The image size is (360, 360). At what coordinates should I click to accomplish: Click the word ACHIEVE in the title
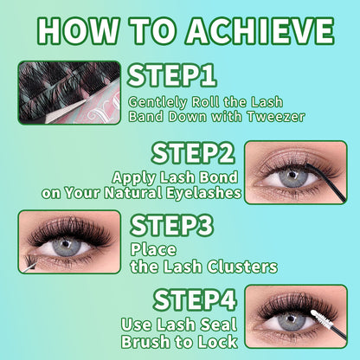tap(260, 30)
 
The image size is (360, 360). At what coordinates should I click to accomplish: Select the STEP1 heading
tap(172, 75)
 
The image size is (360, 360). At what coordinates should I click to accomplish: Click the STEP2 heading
tap(193, 153)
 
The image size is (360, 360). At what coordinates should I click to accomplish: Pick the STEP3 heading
tap(172, 226)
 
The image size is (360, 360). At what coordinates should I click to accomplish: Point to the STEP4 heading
tap(195, 300)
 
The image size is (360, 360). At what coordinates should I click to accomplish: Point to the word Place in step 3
tap(153, 250)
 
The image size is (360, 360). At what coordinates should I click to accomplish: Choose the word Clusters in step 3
tap(242, 267)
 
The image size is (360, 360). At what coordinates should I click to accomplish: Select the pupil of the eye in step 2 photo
tap(293, 175)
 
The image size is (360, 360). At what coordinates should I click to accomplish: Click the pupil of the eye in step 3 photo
tap(67, 244)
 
